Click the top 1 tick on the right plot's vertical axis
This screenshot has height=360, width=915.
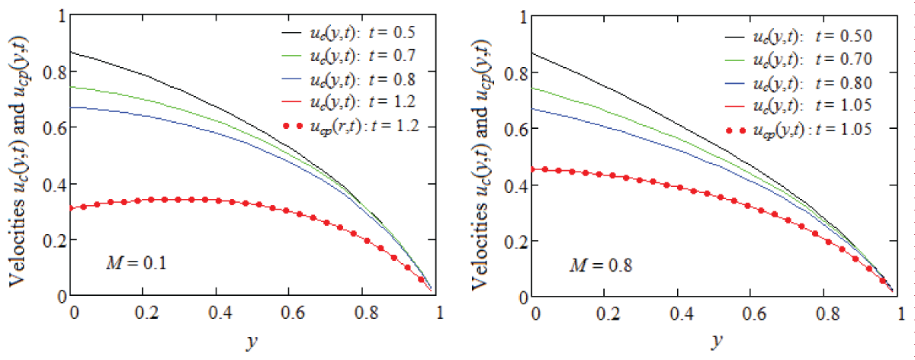[522, 15]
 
